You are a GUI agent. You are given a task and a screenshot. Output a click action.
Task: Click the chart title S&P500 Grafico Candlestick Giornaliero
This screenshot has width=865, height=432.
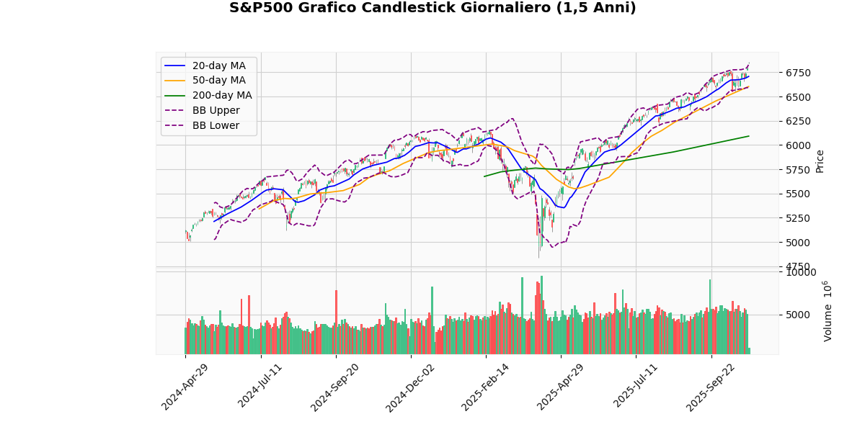(x=432, y=9)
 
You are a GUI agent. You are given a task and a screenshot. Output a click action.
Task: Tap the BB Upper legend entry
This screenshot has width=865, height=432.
(x=216, y=111)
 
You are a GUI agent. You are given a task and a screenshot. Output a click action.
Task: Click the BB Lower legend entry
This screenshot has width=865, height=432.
(x=216, y=125)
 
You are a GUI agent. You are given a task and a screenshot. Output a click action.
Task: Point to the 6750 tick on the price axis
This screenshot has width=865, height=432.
(x=797, y=73)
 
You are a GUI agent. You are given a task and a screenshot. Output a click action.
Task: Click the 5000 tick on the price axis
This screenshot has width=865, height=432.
(x=797, y=242)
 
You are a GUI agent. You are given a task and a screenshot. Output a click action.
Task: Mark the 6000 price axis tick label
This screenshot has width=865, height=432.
(x=797, y=145)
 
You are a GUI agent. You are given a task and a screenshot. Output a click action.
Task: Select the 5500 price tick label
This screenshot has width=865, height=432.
(x=797, y=194)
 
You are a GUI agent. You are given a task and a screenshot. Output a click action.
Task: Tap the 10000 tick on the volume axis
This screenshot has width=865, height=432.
(x=800, y=272)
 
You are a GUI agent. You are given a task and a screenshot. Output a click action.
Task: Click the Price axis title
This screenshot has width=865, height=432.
(x=820, y=161)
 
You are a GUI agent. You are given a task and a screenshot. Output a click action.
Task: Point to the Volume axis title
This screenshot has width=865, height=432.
(x=827, y=311)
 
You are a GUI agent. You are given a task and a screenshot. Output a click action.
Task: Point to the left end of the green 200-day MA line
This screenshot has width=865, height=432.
(x=484, y=176)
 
